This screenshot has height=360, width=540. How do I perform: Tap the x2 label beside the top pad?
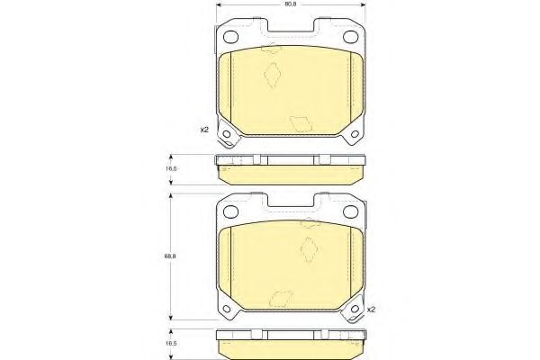click(204, 130)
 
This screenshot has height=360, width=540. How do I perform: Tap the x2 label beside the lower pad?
click(371, 310)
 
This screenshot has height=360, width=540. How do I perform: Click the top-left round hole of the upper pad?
click(230, 37)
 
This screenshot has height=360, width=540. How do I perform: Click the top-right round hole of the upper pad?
click(351, 37)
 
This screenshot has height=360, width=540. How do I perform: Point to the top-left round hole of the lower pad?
click(230, 211)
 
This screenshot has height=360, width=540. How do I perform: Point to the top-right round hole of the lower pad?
click(351, 211)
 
